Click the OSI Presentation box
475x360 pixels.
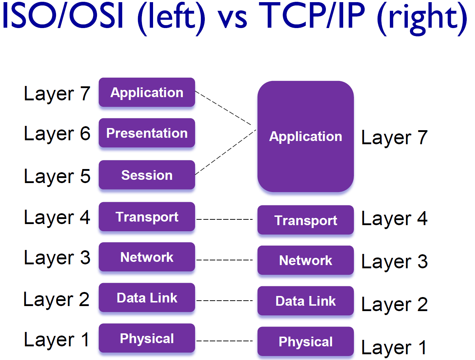click(x=147, y=133)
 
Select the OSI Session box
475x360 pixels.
click(x=147, y=175)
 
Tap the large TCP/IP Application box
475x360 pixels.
click(x=305, y=136)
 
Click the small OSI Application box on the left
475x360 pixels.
click(x=147, y=92)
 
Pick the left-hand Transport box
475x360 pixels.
click(x=147, y=217)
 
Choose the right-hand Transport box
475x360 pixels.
click(x=305, y=220)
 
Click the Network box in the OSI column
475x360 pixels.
click(x=147, y=257)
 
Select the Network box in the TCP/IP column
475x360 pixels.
click(x=305, y=260)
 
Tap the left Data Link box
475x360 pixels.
click(x=147, y=298)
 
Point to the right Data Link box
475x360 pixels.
click(x=305, y=301)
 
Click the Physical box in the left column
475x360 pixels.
click(x=147, y=338)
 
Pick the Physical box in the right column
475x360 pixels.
click(x=305, y=342)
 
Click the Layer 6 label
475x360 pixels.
click(x=57, y=134)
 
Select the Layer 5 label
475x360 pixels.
click(x=57, y=176)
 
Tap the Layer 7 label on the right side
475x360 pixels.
click(x=394, y=138)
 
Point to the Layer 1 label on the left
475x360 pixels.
click(x=57, y=340)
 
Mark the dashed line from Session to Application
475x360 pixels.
click(x=225, y=152)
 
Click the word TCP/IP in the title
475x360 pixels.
click(x=312, y=16)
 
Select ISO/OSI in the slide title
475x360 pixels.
click(x=63, y=16)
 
